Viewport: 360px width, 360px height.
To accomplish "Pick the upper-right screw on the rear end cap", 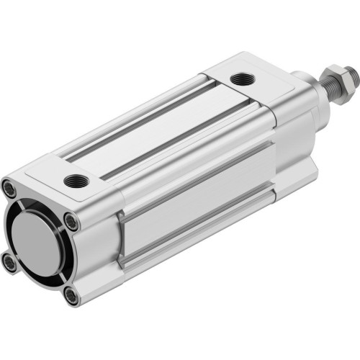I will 69,220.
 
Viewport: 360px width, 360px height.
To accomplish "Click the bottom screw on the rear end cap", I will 70,294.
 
